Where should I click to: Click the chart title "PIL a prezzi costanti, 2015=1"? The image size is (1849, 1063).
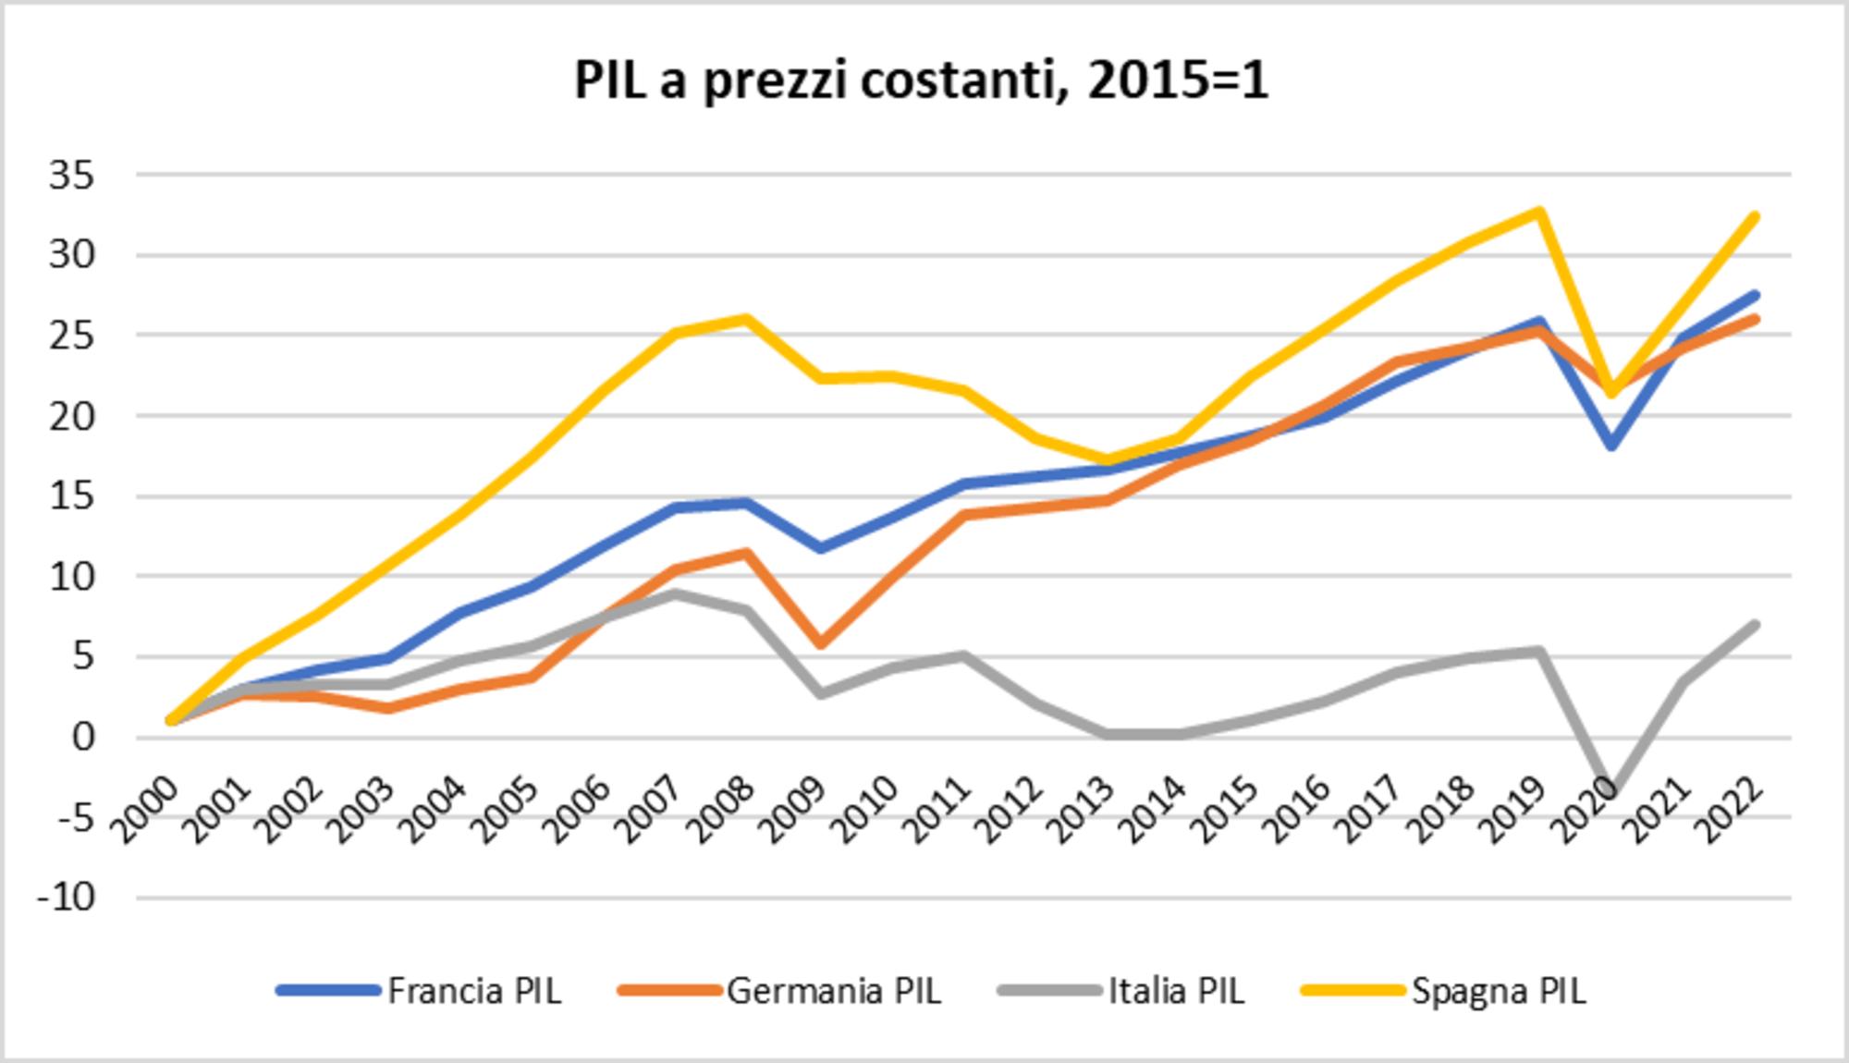[x=921, y=81]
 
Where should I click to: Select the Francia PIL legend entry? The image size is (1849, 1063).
[x=473, y=991]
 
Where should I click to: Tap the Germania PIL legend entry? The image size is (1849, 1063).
[x=833, y=991]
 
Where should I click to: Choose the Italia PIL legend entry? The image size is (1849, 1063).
[x=1175, y=991]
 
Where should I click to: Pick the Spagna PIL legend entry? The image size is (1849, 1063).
[x=1498, y=991]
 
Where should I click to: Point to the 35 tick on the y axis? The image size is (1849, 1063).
[x=72, y=175]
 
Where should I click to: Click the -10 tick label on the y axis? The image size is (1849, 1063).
[x=67, y=898]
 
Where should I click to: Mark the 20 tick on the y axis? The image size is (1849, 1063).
[x=72, y=416]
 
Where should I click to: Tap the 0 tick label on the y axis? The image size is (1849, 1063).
[x=83, y=738]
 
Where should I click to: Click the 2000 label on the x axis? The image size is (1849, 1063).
[x=146, y=809]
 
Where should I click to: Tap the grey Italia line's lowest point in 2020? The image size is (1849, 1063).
[x=1611, y=790]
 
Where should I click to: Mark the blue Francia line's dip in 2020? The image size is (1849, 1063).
[x=1611, y=446]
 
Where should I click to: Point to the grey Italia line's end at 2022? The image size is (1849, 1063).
[x=1755, y=625]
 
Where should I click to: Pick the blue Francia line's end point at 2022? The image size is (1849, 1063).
[x=1755, y=296]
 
